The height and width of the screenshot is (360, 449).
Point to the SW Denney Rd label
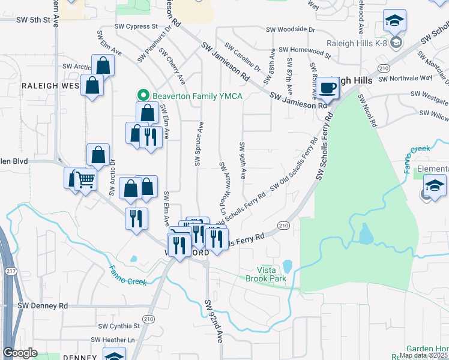[x=42, y=305]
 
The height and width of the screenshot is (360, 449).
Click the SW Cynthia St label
[x=120, y=326]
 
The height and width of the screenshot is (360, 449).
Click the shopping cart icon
[x=86, y=179]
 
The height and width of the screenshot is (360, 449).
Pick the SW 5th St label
[x=32, y=20]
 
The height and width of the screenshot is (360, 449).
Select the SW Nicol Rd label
[x=367, y=110]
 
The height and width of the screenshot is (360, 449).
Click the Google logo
[x=20, y=353]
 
